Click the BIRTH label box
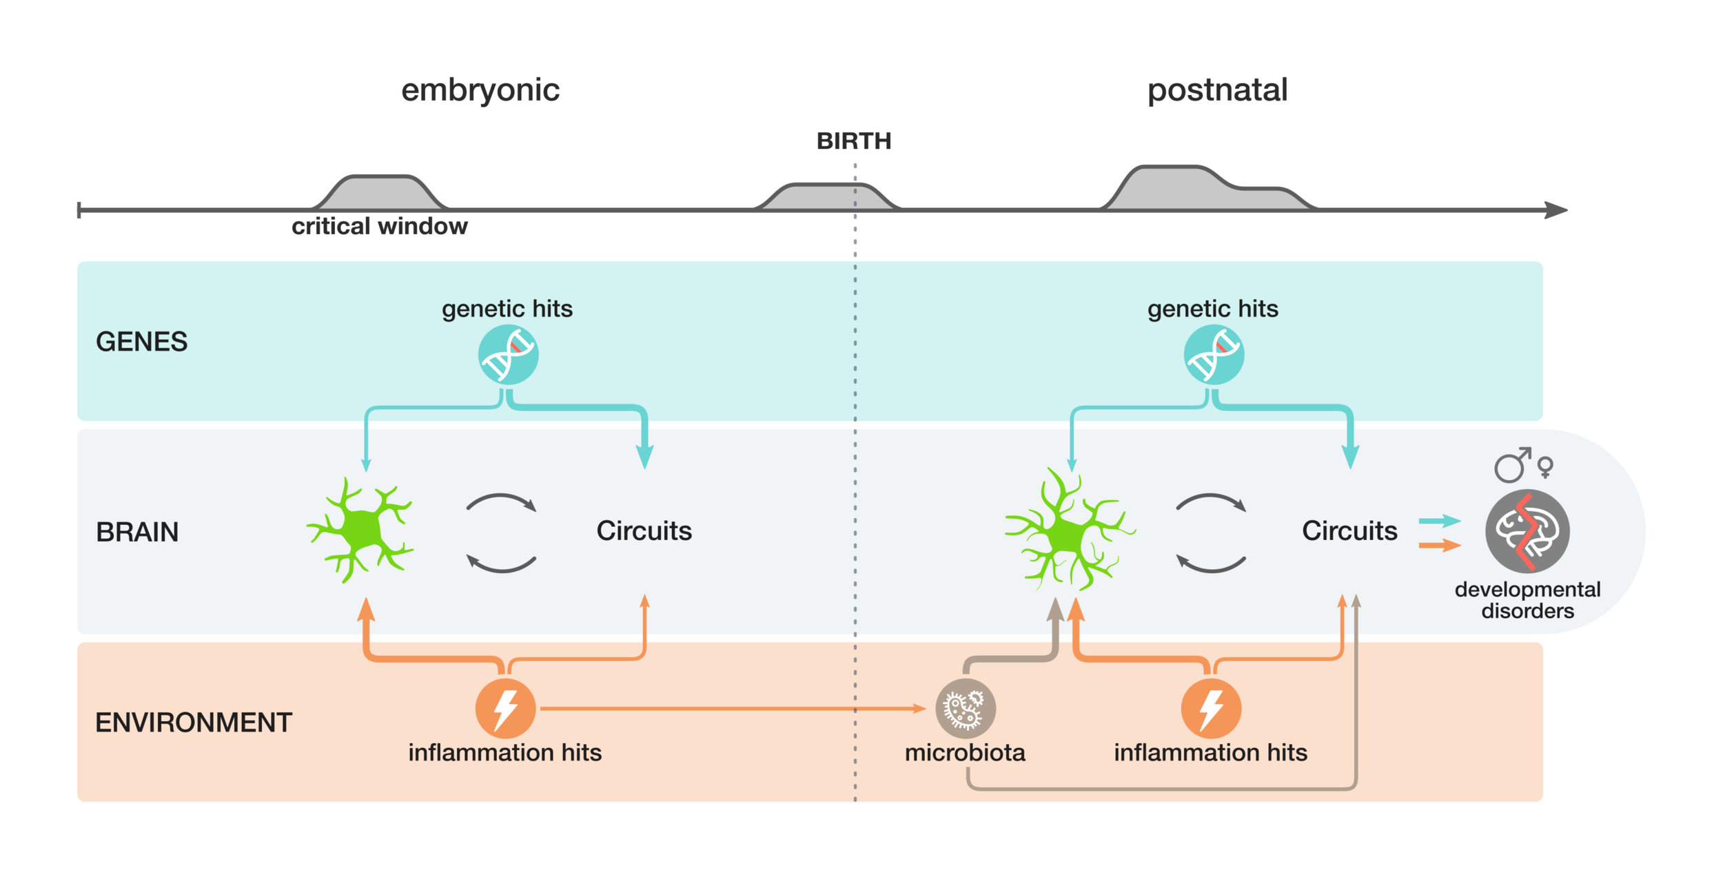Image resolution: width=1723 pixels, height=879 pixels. point(854,141)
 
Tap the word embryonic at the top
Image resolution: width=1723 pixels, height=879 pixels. point(480,90)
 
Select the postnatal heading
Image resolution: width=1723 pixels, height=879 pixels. point(1218,90)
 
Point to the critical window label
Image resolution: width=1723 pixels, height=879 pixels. point(379,226)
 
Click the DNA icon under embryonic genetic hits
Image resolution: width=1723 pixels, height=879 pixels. point(509,355)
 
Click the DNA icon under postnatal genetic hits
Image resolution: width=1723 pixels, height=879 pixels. point(1214,355)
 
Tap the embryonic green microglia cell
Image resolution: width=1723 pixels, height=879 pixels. point(360,530)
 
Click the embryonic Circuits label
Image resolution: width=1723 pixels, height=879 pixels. point(644,530)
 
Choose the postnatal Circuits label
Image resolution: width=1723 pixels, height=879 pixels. point(1349,530)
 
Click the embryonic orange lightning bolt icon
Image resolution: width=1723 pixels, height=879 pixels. point(505,709)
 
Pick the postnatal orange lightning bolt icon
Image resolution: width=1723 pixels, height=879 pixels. point(1211,709)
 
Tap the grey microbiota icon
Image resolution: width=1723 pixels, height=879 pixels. point(965,709)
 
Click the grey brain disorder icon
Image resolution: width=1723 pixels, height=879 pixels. point(1527,531)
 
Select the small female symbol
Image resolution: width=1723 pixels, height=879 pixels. point(1546,468)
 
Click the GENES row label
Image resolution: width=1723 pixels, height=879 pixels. point(141,342)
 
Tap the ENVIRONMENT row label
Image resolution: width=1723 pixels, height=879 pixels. point(194,723)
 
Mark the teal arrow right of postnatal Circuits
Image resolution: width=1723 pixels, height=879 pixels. point(1440,521)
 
